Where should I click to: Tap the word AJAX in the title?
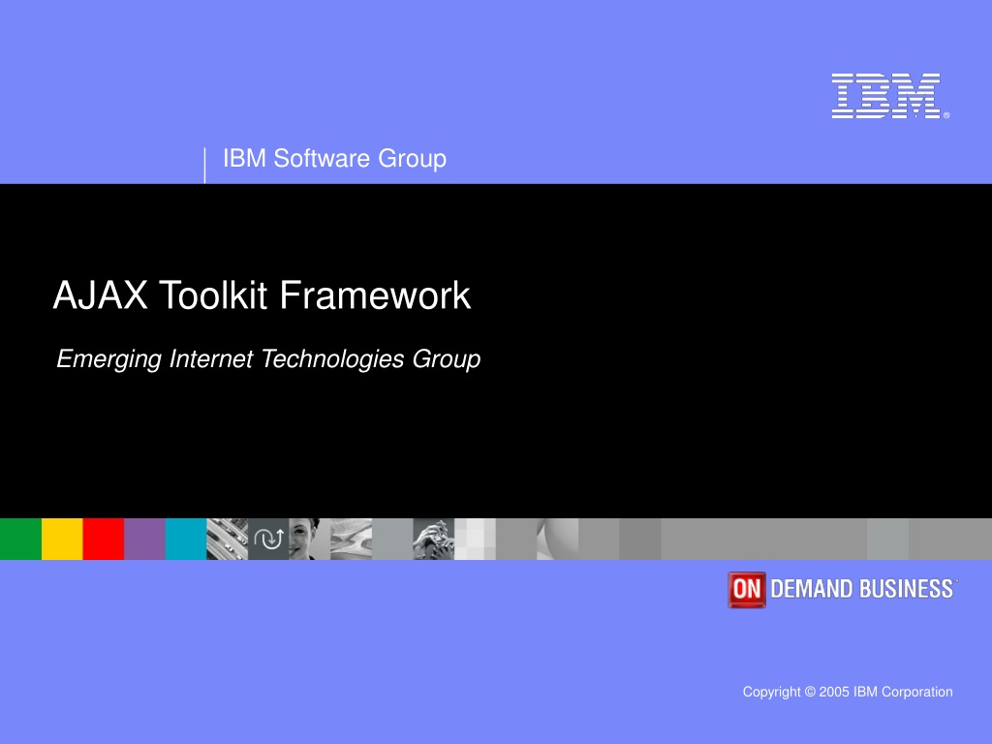click(x=101, y=294)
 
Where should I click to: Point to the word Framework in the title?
click(x=375, y=294)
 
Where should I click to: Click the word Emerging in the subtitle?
click(x=109, y=359)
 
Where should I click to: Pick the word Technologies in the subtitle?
click(x=333, y=359)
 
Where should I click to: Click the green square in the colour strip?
click(x=21, y=539)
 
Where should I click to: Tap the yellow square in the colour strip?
click(x=62, y=539)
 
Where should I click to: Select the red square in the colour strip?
click(x=103, y=539)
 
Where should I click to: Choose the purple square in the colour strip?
click(x=145, y=539)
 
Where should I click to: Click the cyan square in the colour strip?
click(x=186, y=539)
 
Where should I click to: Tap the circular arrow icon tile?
click(x=268, y=539)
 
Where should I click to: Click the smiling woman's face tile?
click(x=309, y=539)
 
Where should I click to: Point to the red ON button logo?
click(x=747, y=590)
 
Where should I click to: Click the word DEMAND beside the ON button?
click(x=812, y=589)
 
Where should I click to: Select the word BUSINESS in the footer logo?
click(x=906, y=589)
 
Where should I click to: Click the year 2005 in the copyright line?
click(x=834, y=692)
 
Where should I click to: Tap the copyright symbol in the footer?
click(x=810, y=692)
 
